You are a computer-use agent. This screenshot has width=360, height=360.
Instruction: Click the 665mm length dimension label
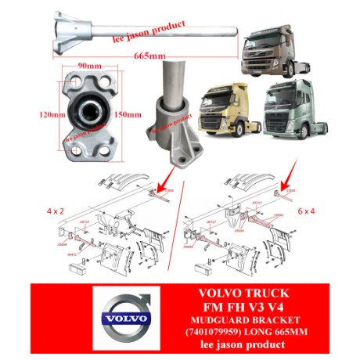coord(148,57)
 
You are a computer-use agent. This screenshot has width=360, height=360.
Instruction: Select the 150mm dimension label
coord(130,113)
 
